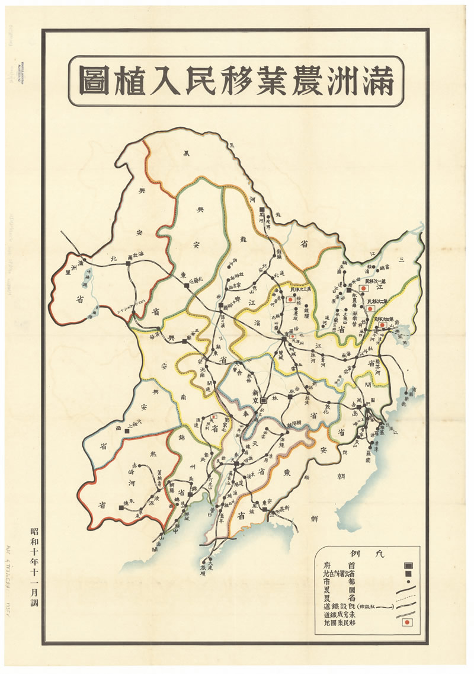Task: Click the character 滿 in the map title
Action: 375,82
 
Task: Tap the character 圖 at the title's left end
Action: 97,82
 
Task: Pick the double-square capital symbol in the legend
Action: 407,566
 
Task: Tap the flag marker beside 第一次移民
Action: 366,288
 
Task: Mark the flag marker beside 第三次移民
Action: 292,301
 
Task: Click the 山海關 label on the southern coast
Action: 160,542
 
